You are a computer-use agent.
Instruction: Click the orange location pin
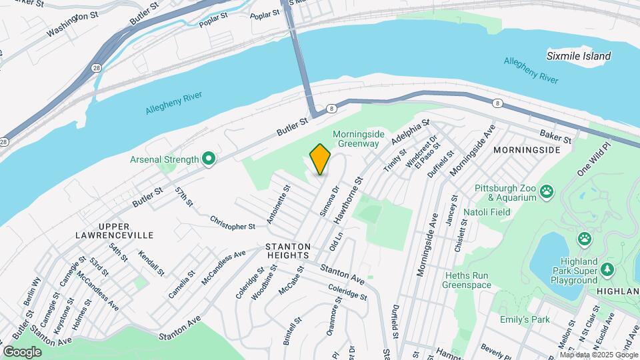(x=320, y=159)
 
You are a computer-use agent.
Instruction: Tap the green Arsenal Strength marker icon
(x=209, y=159)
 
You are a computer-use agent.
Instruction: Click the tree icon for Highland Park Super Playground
(x=607, y=269)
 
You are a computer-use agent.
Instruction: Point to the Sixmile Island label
(x=578, y=56)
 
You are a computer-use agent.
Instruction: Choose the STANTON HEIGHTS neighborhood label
(x=288, y=250)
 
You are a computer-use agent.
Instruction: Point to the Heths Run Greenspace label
(x=467, y=280)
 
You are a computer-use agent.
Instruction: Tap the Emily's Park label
(x=525, y=319)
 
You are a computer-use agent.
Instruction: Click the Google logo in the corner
(x=22, y=351)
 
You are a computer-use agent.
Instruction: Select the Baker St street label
(x=556, y=136)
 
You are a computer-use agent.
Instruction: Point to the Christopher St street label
(x=233, y=222)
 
